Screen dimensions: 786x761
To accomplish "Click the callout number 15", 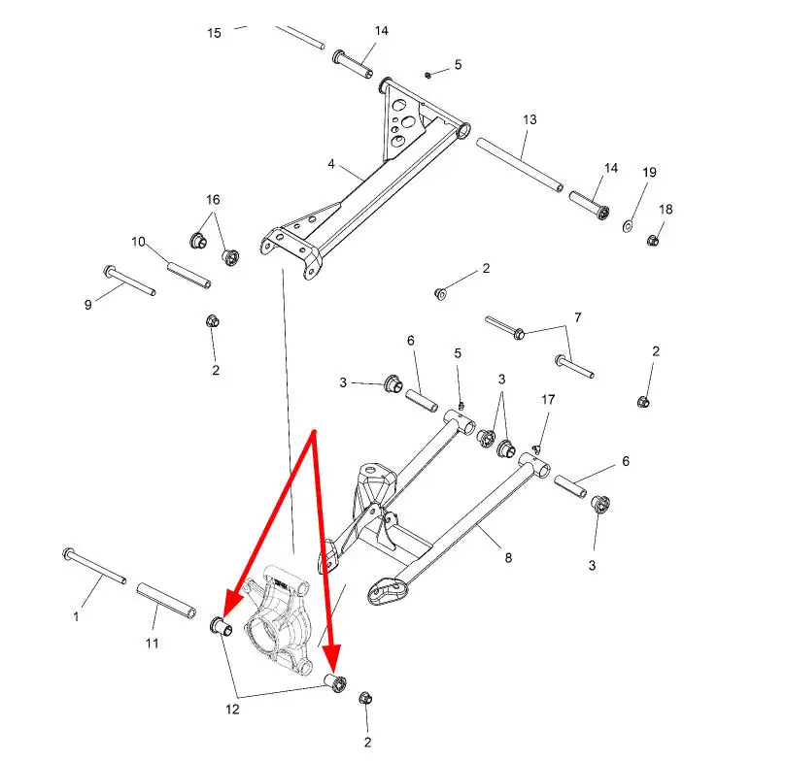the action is coord(214,33).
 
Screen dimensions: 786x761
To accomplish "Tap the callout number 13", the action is coord(530,119).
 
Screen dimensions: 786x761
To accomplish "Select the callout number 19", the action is coord(649,172).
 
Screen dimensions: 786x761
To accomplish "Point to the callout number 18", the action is coord(666,210).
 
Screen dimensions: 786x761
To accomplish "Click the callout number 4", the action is coord(331,164).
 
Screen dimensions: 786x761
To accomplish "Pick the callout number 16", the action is coord(213,200).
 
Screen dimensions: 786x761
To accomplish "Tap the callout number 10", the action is coord(138,242).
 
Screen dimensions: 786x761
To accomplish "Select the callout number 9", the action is coord(88,305).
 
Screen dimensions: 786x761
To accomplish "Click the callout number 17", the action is coord(548,400).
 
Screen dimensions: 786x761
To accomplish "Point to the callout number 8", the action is coord(508,557).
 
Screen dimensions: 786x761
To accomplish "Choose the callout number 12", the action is coord(232,709).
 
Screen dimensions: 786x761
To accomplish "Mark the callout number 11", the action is coord(152,643).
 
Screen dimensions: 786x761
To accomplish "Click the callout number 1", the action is coord(76,616).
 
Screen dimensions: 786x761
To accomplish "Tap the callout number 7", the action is coord(578,317).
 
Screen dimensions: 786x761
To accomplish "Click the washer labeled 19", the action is coord(627,226).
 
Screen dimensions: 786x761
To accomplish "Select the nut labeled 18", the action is coord(652,241).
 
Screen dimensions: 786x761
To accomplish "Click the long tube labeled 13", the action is coord(520,164).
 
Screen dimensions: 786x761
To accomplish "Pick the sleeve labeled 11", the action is coord(166,601).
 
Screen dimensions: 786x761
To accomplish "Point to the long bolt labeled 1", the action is coord(94,566).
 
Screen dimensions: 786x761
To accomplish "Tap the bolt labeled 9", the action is coord(129,281).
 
